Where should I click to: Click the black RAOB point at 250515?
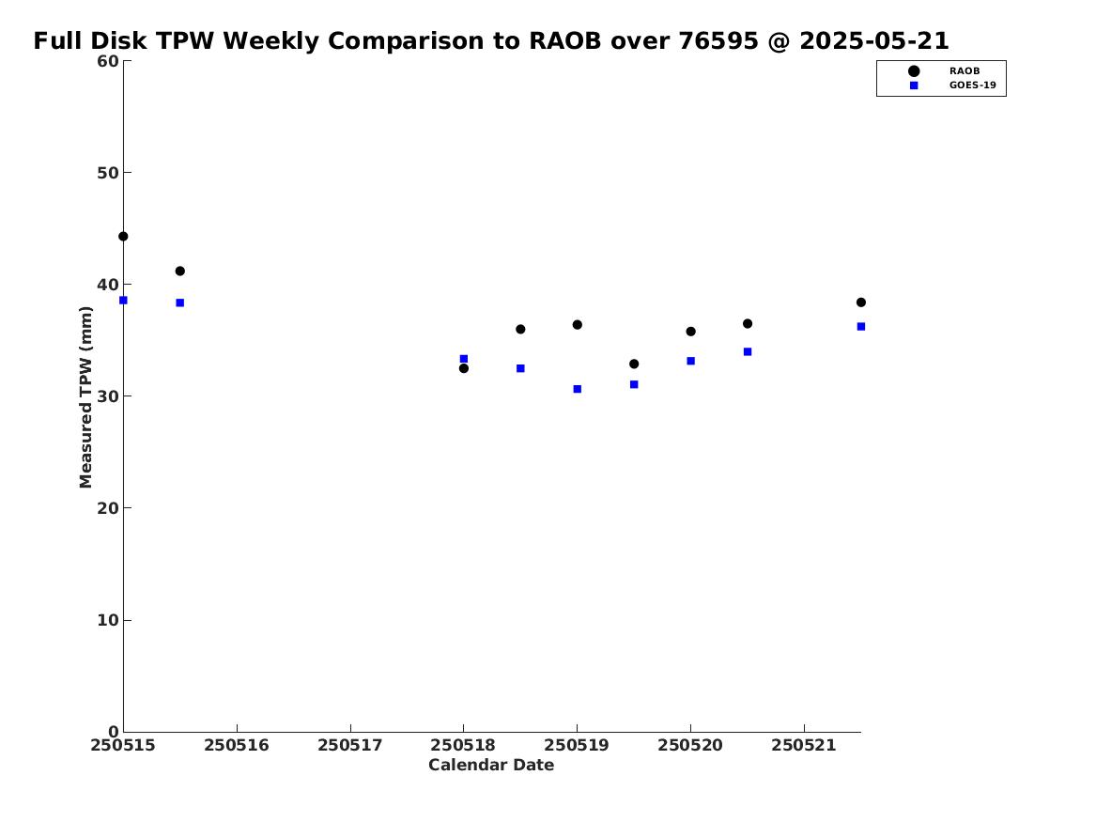pyautogui.click(x=123, y=236)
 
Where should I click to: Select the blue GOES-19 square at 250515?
pyautogui.click(x=123, y=301)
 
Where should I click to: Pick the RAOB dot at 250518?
pyautogui.click(x=463, y=368)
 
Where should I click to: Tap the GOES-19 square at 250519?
pyautogui.click(x=578, y=389)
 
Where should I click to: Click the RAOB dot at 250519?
pyautogui.click(x=578, y=325)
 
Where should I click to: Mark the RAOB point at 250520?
pyautogui.click(x=690, y=332)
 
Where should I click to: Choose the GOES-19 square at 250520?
pyautogui.click(x=690, y=362)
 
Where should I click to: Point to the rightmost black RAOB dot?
pyautogui.click(x=861, y=302)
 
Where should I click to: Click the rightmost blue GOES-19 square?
pyautogui.click(x=861, y=326)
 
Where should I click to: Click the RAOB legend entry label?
pyautogui.click(x=965, y=71)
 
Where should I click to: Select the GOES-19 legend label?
pyautogui.click(x=972, y=85)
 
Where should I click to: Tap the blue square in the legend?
pyautogui.click(x=914, y=85)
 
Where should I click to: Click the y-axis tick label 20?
pyautogui.click(x=108, y=508)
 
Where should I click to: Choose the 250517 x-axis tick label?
pyautogui.click(x=350, y=746)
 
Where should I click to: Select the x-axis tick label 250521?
pyautogui.click(x=804, y=746)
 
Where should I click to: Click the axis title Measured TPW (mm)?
pyautogui.click(x=85, y=397)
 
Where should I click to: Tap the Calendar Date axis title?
pyautogui.click(x=491, y=766)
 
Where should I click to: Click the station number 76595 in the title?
pyautogui.click(x=718, y=41)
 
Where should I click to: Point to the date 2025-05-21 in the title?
pyautogui.click(x=874, y=41)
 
